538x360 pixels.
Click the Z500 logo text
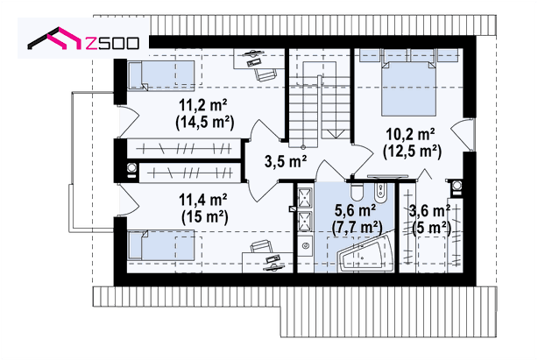(112, 43)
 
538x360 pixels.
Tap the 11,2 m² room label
(203, 105)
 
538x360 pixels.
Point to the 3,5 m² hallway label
(286, 161)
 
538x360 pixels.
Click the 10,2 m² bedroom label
(411, 134)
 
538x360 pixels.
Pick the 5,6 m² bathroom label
(355, 210)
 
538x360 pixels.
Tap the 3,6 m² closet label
(429, 211)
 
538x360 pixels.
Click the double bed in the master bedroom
(408, 88)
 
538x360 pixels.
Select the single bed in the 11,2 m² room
(161, 76)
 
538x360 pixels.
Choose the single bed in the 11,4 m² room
(161, 244)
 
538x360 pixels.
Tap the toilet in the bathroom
(357, 191)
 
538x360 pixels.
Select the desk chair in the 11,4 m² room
(260, 246)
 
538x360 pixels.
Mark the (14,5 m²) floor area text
(204, 123)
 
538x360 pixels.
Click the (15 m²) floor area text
(204, 216)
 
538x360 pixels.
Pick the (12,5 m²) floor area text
(412, 152)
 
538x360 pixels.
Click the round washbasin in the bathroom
(306, 245)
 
